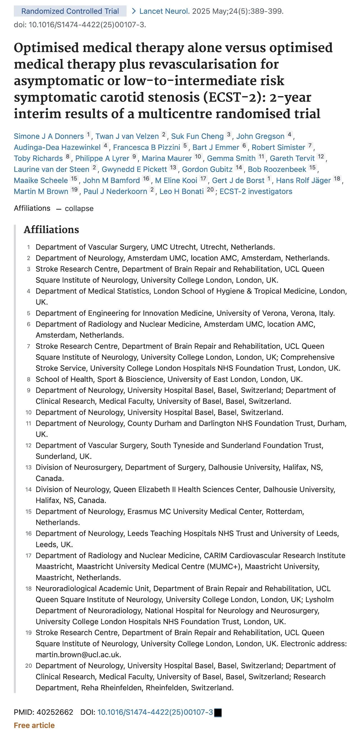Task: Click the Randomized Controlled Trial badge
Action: pyautogui.click(x=70, y=11)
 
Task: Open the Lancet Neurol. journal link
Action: pyautogui.click(x=164, y=11)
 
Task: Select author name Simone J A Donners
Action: pyautogui.click(x=49, y=136)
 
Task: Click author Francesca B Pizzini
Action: pyautogui.click(x=147, y=147)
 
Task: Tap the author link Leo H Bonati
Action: pyautogui.click(x=181, y=191)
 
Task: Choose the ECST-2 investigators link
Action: pyautogui.click(x=256, y=191)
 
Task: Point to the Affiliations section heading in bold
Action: pyautogui.click(x=51, y=230)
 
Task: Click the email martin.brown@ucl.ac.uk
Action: pyautogui.click(x=78, y=655)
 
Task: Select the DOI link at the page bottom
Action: pyautogui.click(x=155, y=712)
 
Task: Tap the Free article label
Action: pyautogui.click(x=34, y=725)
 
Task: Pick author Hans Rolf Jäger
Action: pyautogui.click(x=303, y=181)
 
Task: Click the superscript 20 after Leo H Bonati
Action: pyautogui.click(x=210, y=190)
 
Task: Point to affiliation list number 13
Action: pyautogui.click(x=28, y=468)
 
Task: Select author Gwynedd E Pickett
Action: pyautogui.click(x=134, y=169)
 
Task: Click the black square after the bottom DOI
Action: pyautogui.click(x=218, y=713)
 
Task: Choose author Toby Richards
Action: pyautogui.click(x=38, y=159)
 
